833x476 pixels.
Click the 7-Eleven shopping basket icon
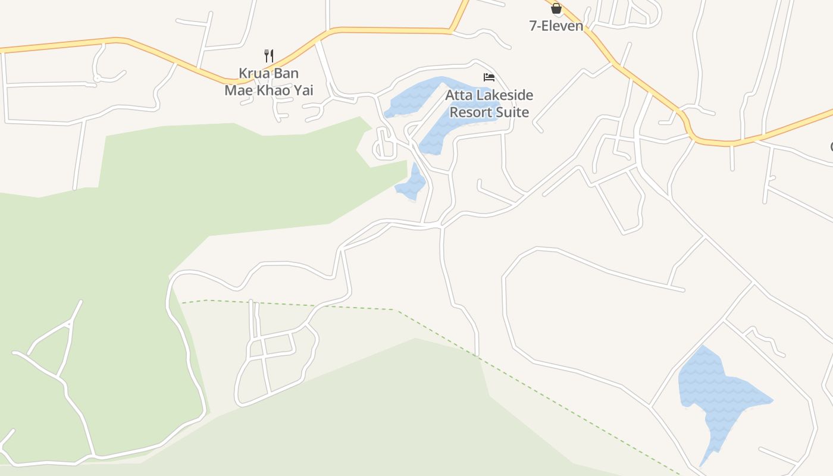(556, 8)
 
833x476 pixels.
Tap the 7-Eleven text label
(556, 26)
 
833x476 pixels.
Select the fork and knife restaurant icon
(269, 56)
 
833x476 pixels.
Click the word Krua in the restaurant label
(252, 73)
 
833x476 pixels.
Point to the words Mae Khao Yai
(268, 90)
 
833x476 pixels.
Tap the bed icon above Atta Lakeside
(489, 77)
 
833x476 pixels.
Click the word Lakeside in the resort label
(502, 95)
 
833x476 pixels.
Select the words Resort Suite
(489, 112)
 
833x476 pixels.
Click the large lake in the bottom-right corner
(720, 393)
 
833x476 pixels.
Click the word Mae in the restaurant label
(236, 90)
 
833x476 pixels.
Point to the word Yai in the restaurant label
(302, 90)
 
